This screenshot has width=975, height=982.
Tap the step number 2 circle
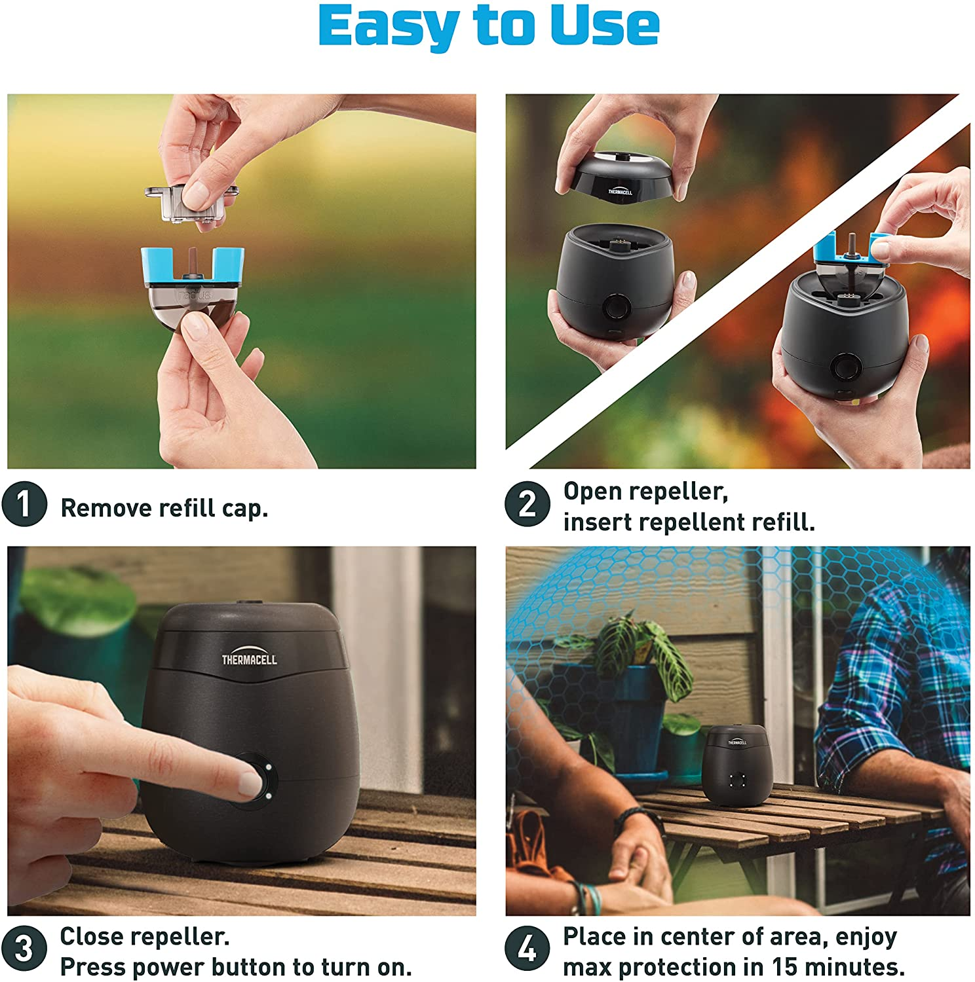(x=527, y=504)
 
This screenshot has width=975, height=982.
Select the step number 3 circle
(x=24, y=949)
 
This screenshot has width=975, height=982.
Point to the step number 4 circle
(x=527, y=949)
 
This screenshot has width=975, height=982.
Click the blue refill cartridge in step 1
(x=193, y=268)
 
